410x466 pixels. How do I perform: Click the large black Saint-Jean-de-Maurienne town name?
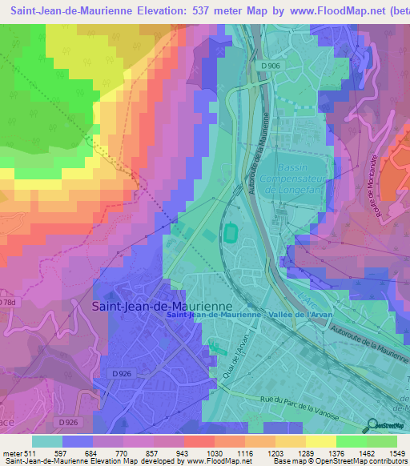pyautogui.click(x=162, y=306)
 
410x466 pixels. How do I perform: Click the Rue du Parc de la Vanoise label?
pyautogui.click(x=288, y=407)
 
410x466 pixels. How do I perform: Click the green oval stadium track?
pyautogui.click(x=232, y=232)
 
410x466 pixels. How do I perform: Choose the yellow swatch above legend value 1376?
pyautogui.click(x=322, y=441)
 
